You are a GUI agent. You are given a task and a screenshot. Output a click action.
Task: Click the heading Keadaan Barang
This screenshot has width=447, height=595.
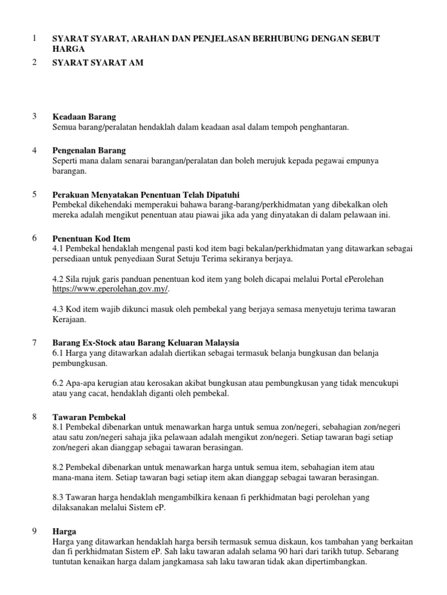point(84,117)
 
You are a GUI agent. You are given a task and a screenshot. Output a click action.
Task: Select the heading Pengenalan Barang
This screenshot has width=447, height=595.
point(88,150)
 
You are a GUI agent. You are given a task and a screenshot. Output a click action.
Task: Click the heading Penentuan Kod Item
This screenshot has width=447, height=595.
point(91,239)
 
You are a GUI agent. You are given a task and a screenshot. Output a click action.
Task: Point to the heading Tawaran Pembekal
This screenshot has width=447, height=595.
point(88,417)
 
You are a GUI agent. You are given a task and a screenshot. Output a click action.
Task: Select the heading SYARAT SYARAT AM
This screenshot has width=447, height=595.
point(97,63)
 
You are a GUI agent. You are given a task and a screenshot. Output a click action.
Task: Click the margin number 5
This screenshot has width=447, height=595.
point(34,193)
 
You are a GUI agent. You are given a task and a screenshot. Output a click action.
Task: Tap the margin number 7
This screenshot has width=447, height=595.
point(34,342)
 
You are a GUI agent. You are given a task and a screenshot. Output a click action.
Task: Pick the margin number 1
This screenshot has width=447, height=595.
point(34,38)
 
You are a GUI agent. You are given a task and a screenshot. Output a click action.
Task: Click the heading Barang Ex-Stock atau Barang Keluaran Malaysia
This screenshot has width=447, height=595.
point(146,343)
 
